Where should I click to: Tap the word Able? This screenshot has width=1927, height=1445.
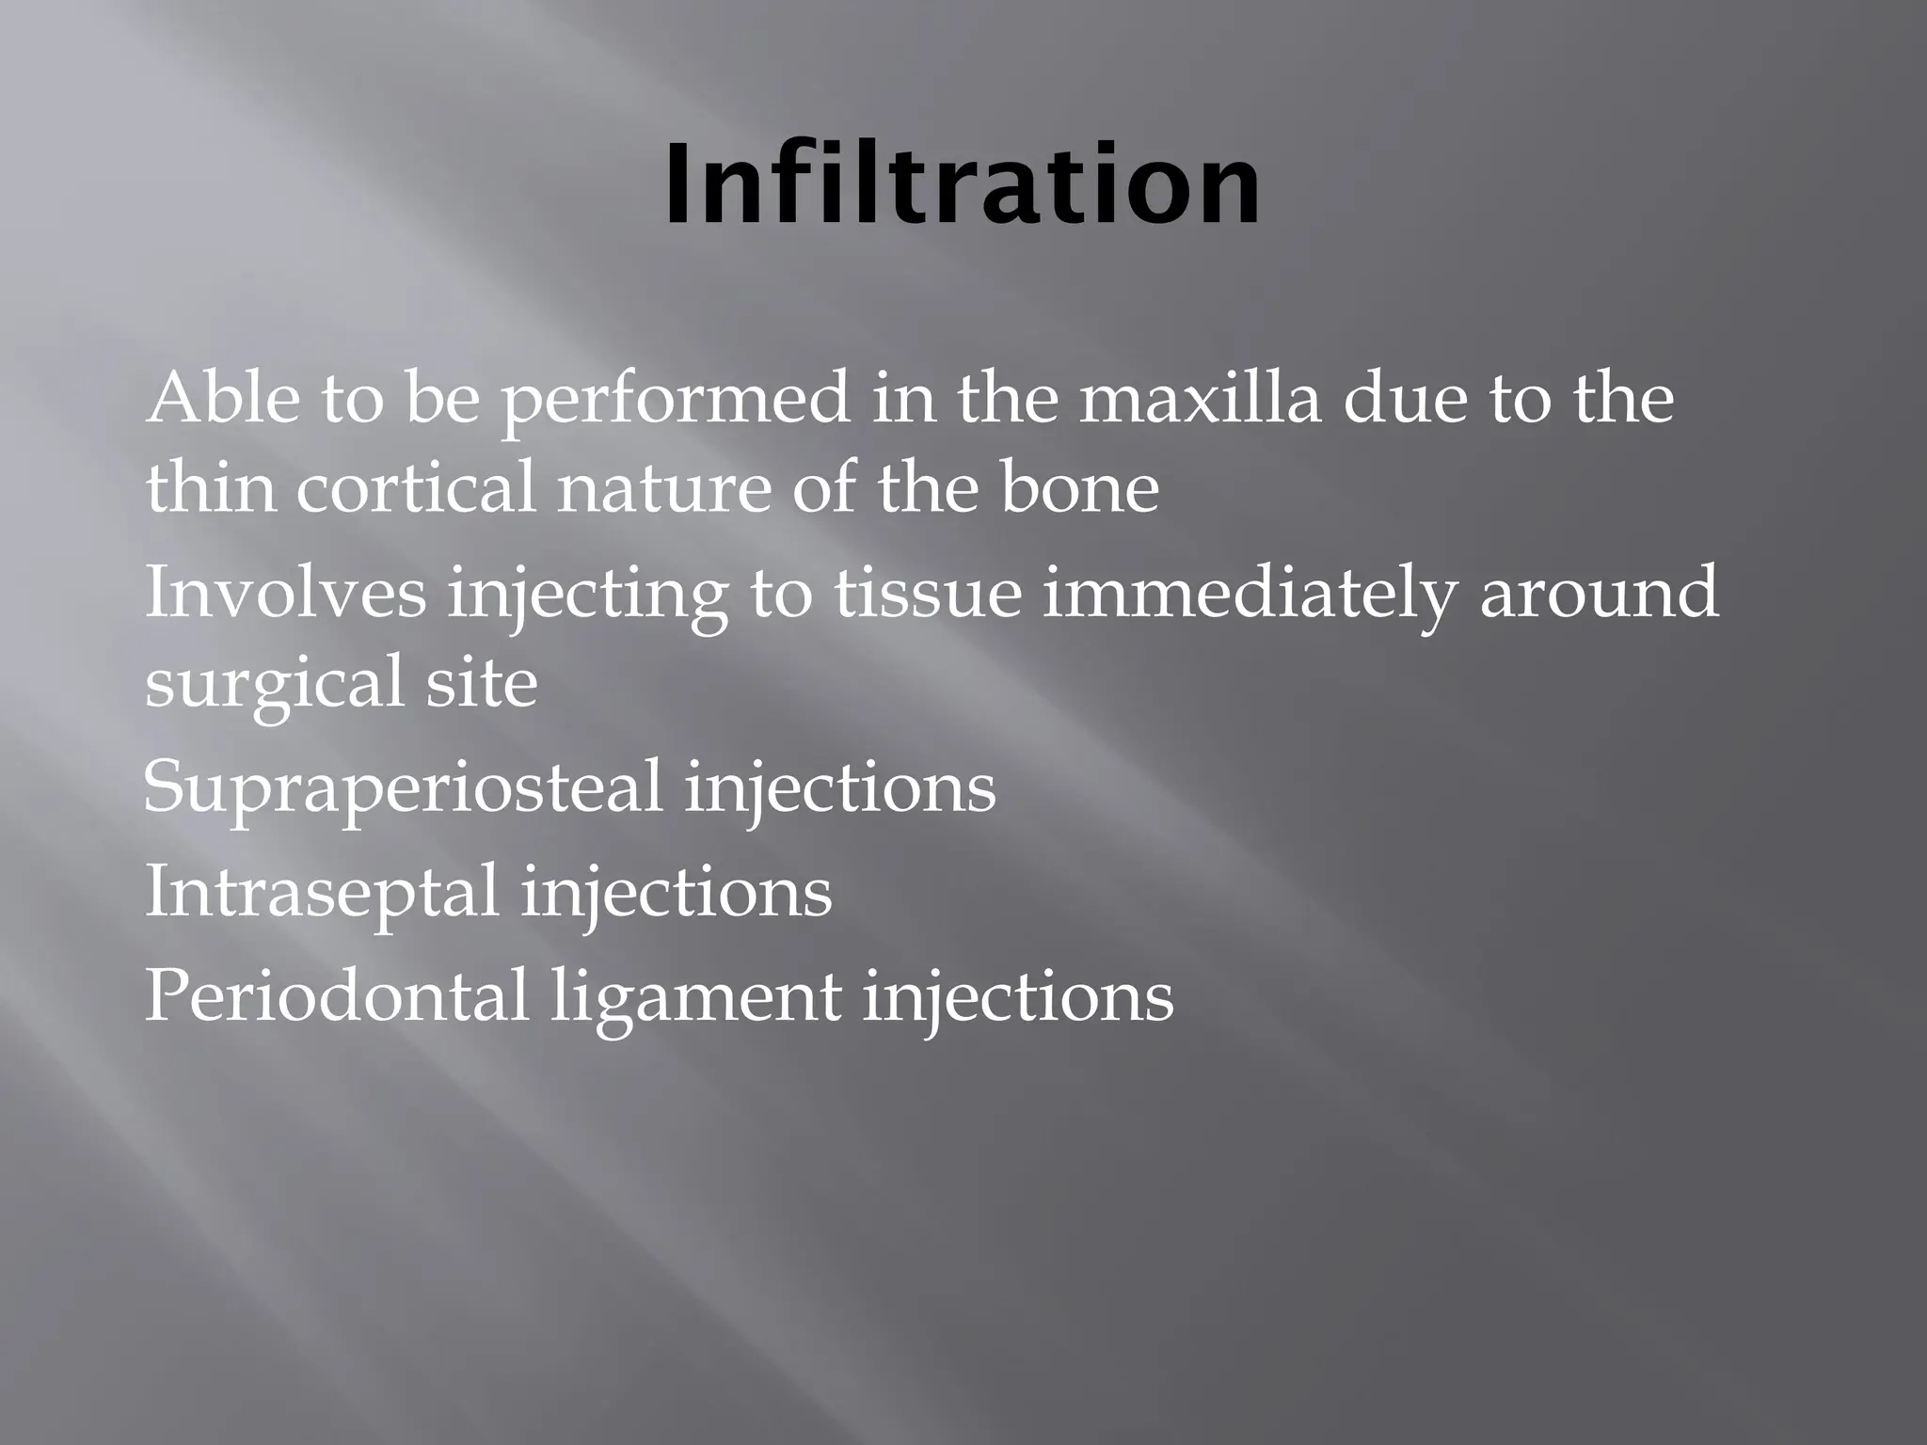click(221, 398)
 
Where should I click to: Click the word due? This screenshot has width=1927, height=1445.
click(1402, 398)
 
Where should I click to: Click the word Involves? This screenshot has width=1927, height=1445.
click(285, 593)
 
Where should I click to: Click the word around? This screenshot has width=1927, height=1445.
click(1599, 593)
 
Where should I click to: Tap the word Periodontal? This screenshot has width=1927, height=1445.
click(336, 995)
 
